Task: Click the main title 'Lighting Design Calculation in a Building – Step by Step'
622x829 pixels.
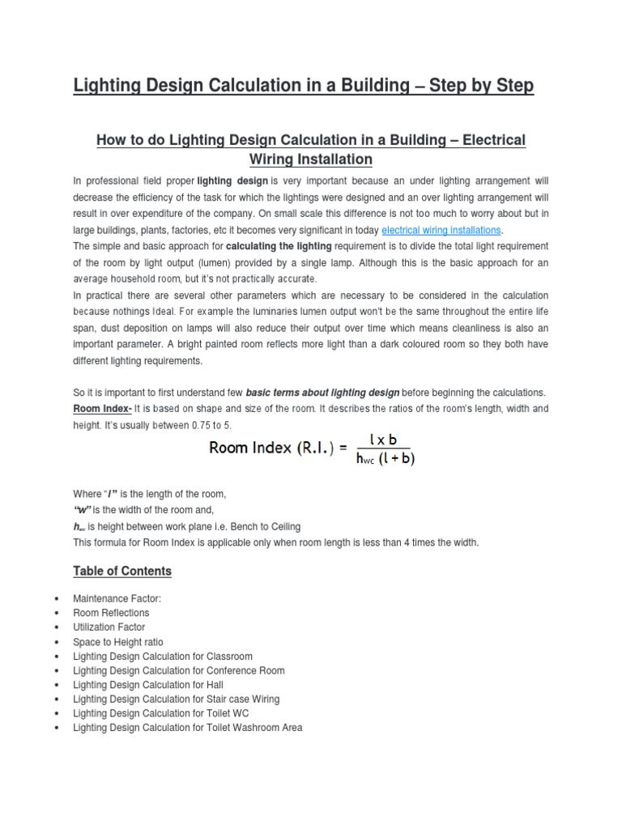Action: click(x=304, y=86)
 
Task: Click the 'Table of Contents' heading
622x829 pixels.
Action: click(x=122, y=571)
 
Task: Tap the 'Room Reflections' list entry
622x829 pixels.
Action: click(x=111, y=613)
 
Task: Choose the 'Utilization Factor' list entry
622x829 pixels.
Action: click(x=109, y=627)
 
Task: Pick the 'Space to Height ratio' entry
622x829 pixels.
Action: click(x=117, y=641)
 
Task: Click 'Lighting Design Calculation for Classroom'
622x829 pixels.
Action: click(x=162, y=656)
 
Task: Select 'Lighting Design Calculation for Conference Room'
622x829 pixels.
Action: click(x=178, y=670)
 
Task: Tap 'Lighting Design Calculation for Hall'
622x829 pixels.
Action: click(x=147, y=685)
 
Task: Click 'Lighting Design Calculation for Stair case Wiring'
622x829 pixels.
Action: click(x=176, y=699)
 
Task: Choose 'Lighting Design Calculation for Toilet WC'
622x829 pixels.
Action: click(x=161, y=713)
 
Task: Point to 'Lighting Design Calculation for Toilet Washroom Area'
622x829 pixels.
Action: click(x=187, y=728)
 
